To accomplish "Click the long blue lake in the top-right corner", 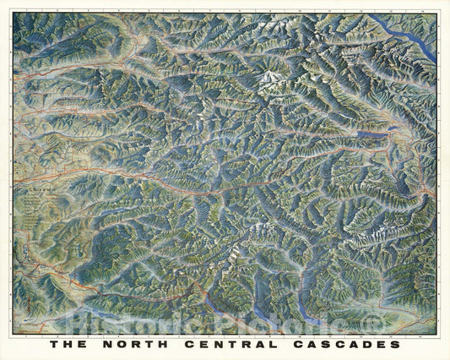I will (403, 37).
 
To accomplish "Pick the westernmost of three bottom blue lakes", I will (210, 297).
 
